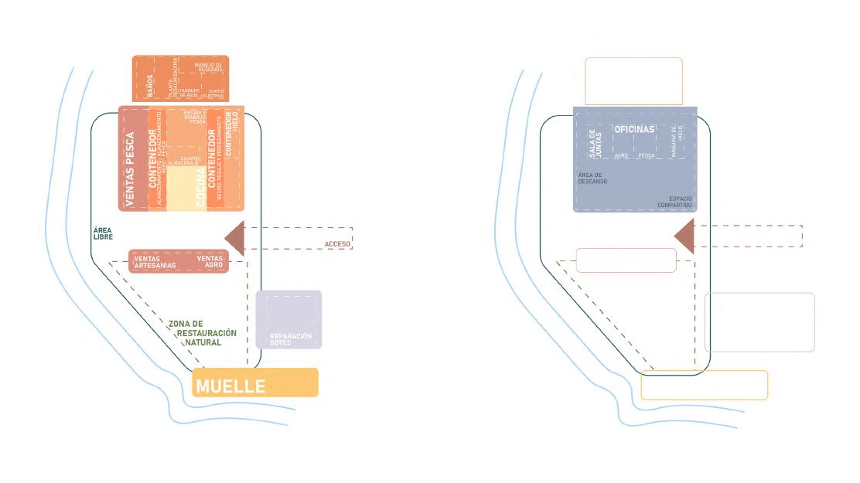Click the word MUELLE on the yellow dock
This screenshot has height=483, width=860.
click(x=230, y=386)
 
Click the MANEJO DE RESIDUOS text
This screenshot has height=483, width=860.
click(x=207, y=67)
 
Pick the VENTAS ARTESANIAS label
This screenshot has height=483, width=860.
click(x=155, y=262)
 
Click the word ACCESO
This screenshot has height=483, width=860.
click(x=337, y=244)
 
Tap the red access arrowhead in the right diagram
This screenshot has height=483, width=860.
click(x=685, y=236)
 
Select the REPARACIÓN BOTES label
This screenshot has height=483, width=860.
click(x=290, y=338)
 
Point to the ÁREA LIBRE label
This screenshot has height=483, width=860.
click(x=103, y=233)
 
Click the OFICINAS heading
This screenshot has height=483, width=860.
click(x=634, y=129)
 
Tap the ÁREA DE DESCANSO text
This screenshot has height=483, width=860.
click(x=592, y=178)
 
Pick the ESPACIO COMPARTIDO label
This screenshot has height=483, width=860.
click(x=674, y=201)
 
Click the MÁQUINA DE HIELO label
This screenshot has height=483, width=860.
click(x=674, y=141)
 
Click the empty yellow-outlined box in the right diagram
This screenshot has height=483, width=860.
click(x=704, y=385)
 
